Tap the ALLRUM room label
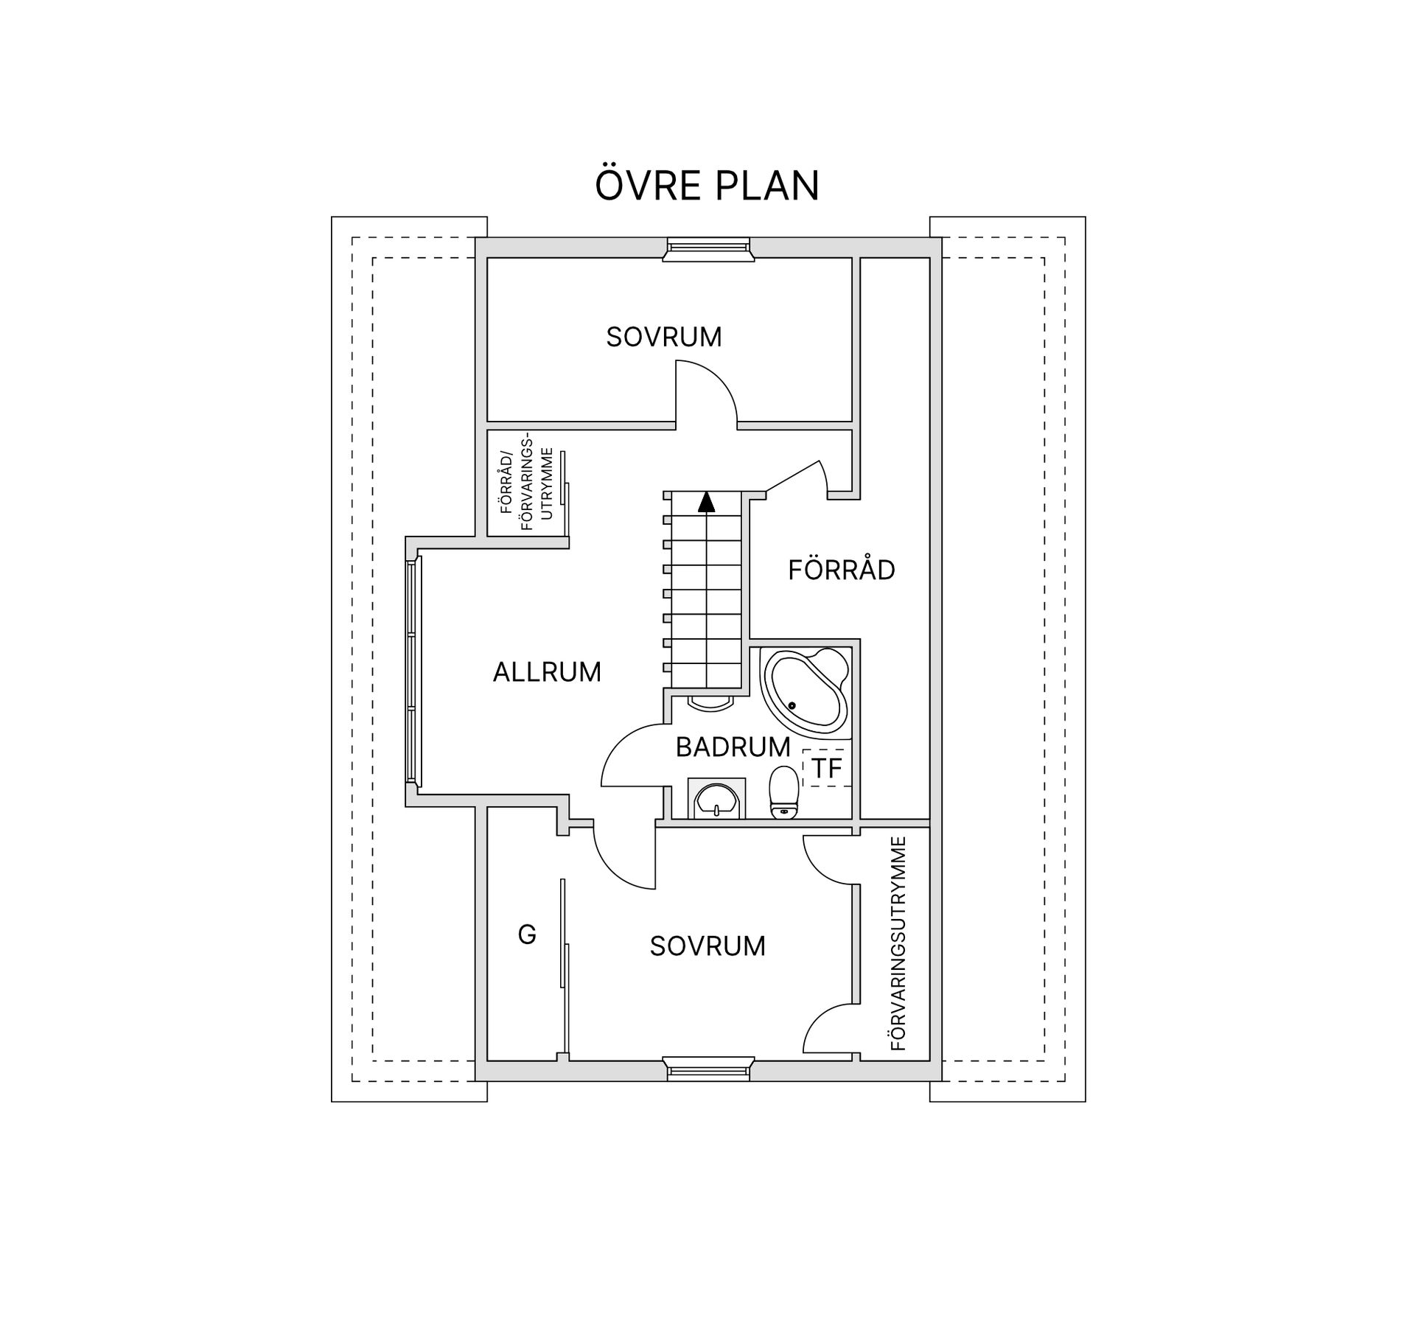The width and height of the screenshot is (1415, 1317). (547, 672)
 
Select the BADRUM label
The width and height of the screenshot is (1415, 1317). (733, 747)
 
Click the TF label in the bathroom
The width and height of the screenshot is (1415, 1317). (827, 769)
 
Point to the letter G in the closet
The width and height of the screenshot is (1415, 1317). (527, 935)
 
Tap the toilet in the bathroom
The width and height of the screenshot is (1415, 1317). (784, 792)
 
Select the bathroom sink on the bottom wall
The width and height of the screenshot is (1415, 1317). (716, 799)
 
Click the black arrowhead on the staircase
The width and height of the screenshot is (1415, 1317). (706, 502)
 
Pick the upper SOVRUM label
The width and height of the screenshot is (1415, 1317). (664, 337)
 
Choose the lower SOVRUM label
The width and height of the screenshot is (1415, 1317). (707, 946)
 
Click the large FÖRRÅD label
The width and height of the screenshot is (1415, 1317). (842, 570)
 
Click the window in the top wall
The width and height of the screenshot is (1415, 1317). (708, 248)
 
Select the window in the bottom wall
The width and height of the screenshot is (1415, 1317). (708, 1069)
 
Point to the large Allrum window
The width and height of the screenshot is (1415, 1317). (414, 671)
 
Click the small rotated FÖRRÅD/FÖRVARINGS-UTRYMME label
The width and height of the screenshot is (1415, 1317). (527, 484)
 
